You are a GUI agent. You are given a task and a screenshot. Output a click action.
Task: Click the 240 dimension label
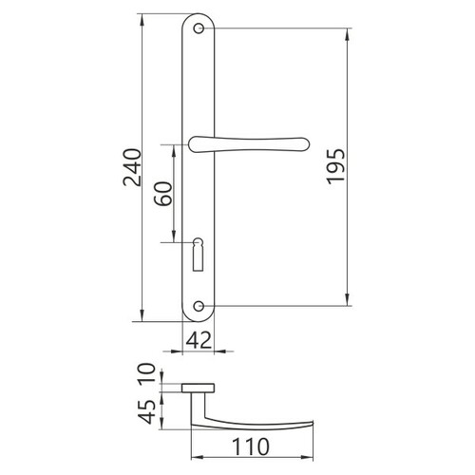click(132, 167)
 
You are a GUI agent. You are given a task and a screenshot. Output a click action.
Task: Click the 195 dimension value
click(335, 166)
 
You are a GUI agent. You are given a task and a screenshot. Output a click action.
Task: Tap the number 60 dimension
click(163, 194)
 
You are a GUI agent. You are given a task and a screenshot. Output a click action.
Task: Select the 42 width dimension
click(199, 341)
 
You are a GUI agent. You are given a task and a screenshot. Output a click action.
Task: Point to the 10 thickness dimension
click(147, 373)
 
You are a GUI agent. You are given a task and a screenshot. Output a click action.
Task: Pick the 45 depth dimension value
click(147, 411)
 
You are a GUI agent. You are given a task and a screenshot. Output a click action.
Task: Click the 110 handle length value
click(251, 446)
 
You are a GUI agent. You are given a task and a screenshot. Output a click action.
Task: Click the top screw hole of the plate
click(199, 28)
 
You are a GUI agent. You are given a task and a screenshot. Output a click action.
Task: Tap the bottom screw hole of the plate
click(199, 306)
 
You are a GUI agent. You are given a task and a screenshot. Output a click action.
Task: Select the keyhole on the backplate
click(198, 255)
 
